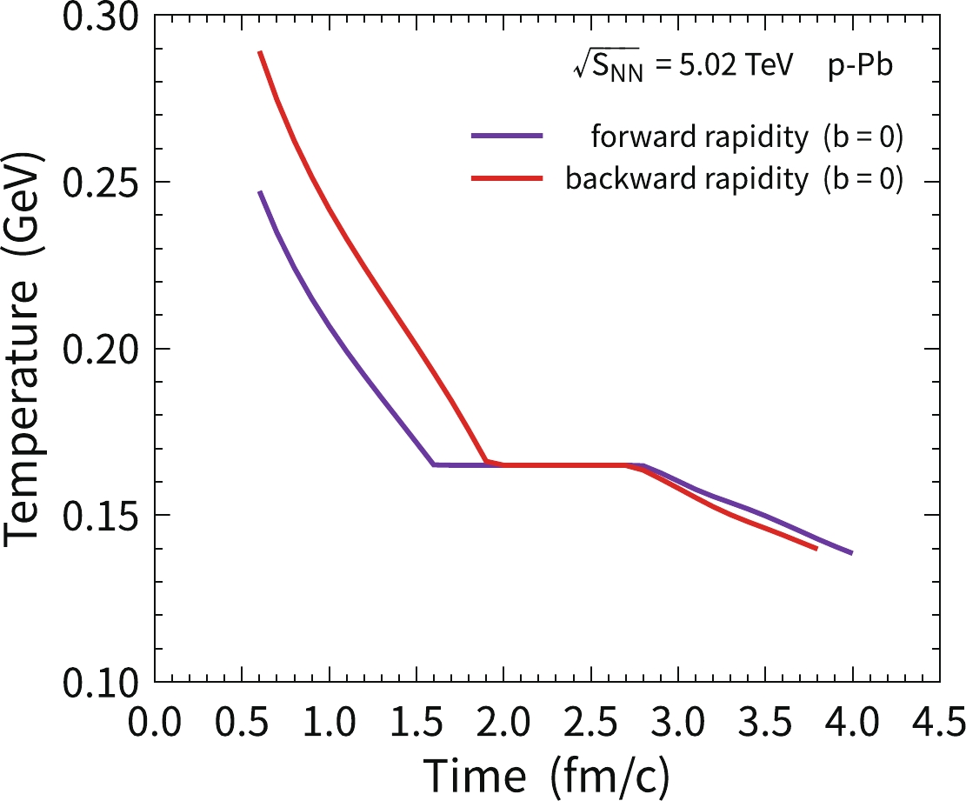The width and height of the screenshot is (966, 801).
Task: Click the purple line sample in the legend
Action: (507, 136)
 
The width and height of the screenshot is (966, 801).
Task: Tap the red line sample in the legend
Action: (507, 178)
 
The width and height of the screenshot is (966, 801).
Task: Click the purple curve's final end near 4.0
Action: (851, 552)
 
